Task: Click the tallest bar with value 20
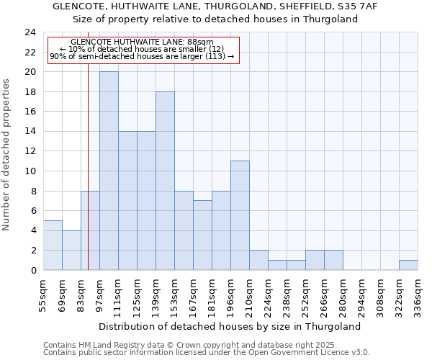109,171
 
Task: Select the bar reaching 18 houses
165,181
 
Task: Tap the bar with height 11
240,215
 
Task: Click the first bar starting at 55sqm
53,245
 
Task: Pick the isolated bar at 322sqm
408,265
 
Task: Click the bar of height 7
202,235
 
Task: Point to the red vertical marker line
88,180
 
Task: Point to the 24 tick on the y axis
30,32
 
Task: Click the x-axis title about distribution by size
229,326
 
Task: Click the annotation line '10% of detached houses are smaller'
142,50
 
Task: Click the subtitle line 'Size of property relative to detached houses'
216,19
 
